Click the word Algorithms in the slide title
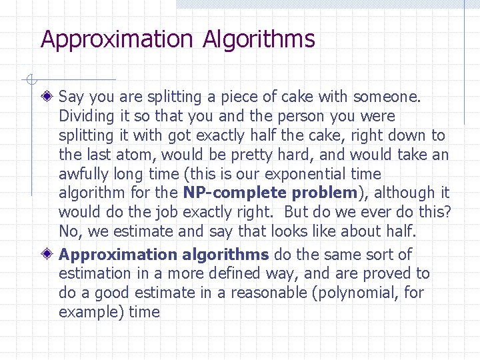259,40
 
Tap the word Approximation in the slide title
117,39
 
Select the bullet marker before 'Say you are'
46,97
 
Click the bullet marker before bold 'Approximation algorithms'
46,255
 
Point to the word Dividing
86,117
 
